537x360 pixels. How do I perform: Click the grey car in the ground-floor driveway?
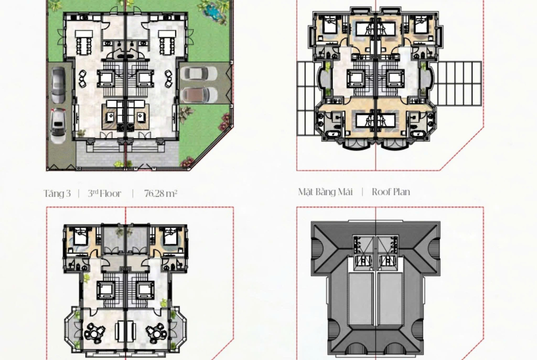pos(58,85)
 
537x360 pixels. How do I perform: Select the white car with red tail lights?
pos(58,126)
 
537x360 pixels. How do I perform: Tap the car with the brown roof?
pos(199,95)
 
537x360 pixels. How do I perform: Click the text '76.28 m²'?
pos(161,194)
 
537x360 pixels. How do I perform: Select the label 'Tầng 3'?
pos(57,194)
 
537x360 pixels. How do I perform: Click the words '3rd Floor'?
pos(105,194)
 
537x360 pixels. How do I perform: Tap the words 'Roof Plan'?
pos(391,192)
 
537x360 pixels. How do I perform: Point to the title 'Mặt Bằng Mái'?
pos(325,192)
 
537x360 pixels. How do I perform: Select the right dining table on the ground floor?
pos(167,43)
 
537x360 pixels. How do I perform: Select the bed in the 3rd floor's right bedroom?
pos(170,237)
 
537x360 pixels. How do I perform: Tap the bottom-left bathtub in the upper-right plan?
pos(331,134)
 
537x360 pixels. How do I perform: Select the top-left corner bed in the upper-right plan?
pos(330,25)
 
